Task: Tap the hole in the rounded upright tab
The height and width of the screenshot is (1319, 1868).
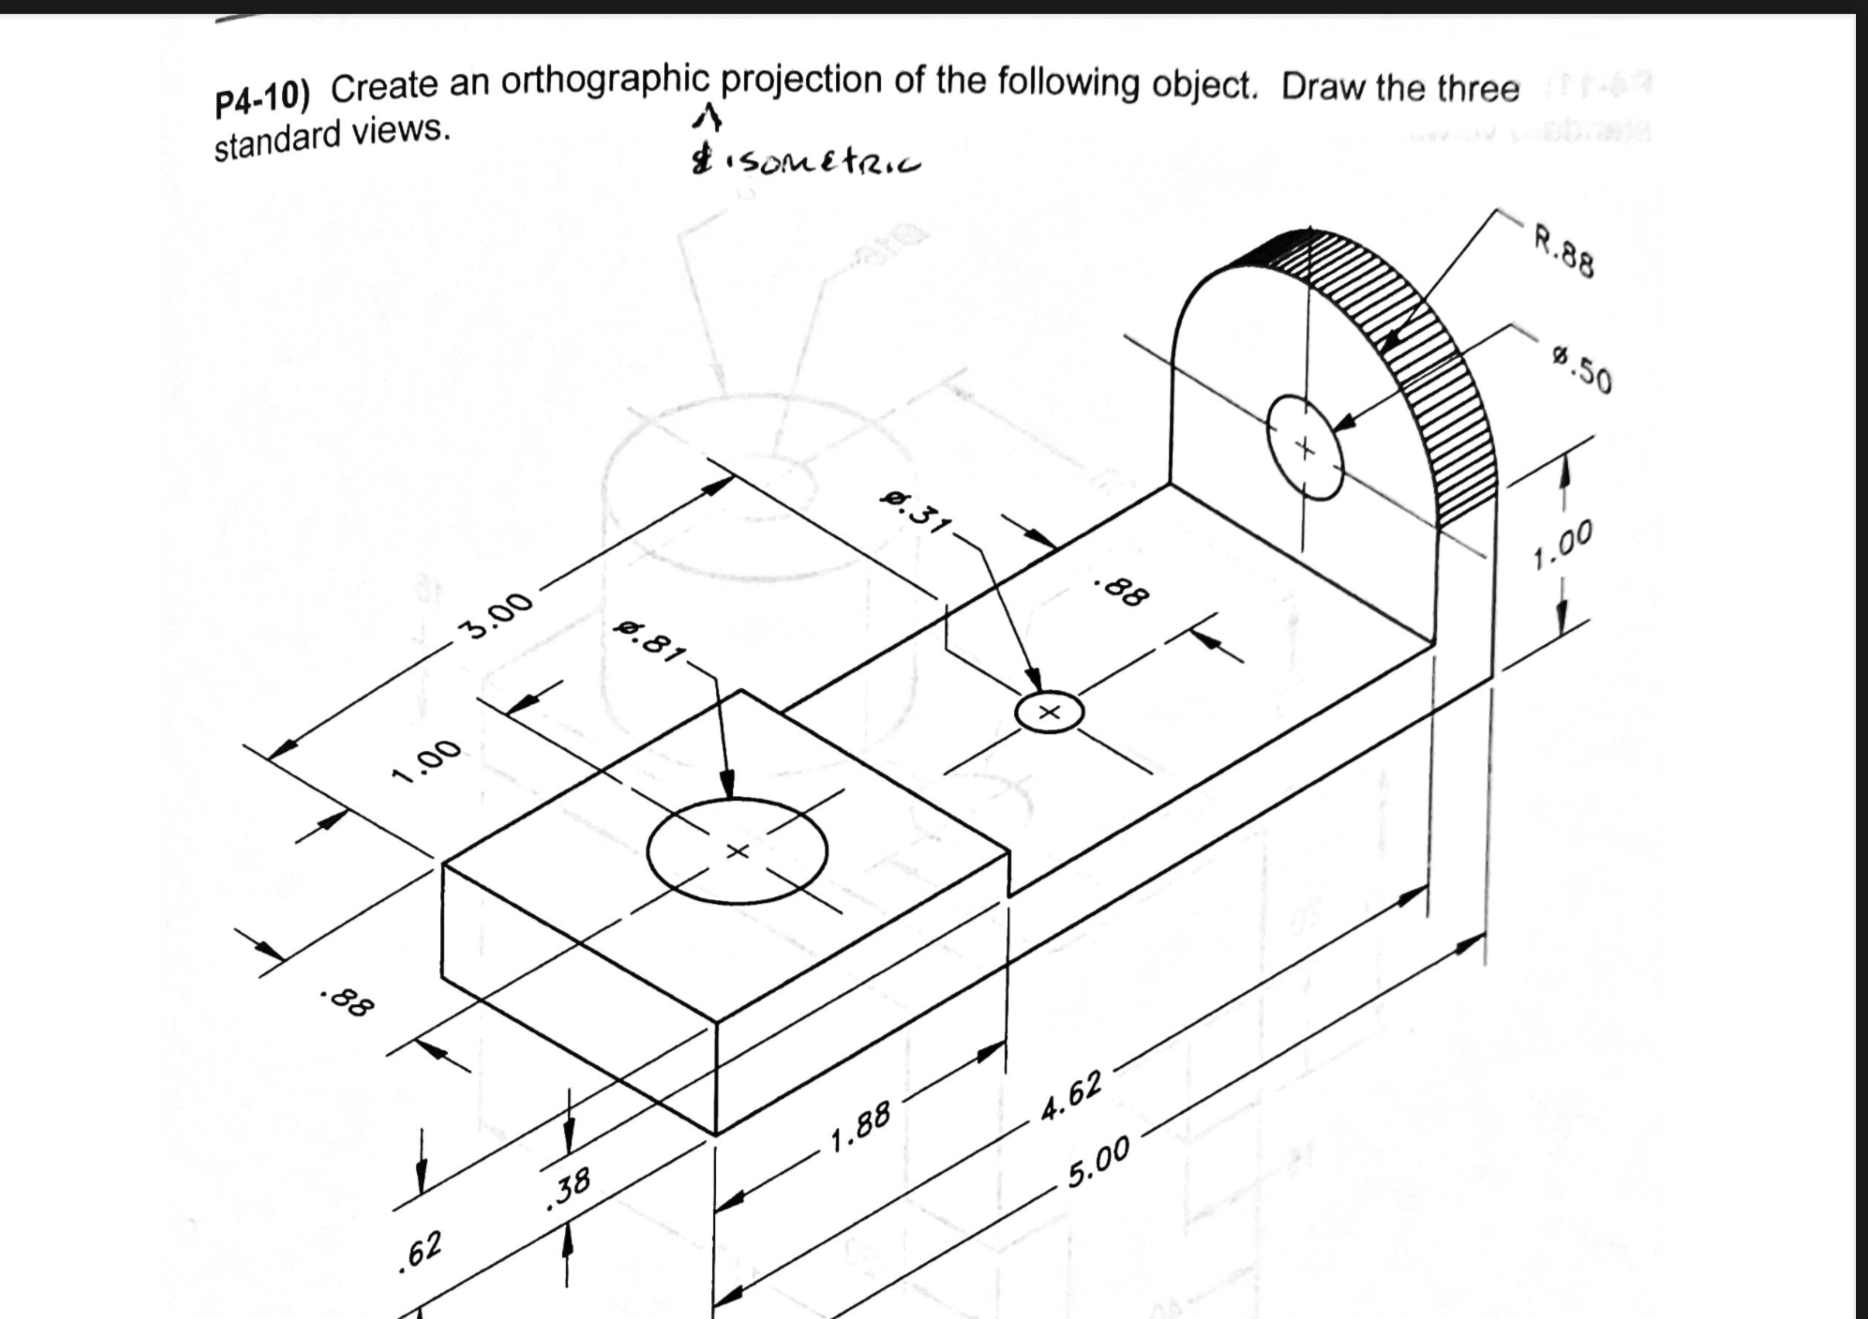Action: click(1304, 447)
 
